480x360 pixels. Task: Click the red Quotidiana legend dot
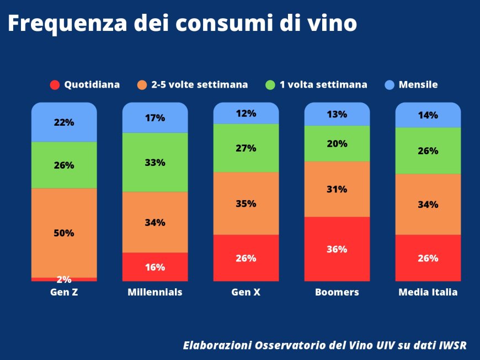(x=55, y=85)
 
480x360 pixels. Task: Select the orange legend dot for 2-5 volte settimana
(x=142, y=85)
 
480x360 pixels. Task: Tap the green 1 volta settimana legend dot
(x=270, y=85)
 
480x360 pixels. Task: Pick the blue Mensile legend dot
(x=390, y=85)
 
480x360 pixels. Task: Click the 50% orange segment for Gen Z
(x=64, y=233)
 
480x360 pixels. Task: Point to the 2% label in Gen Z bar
(x=64, y=279)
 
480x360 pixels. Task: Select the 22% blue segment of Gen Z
(x=64, y=122)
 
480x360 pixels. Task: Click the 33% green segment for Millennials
(x=155, y=163)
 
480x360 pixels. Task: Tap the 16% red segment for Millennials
(x=155, y=267)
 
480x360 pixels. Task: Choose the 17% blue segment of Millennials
(x=155, y=117)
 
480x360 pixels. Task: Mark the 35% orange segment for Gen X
(x=246, y=203)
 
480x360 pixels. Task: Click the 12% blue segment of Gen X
(x=246, y=114)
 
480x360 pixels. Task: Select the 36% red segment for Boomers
(x=337, y=249)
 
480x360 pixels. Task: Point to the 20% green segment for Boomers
(x=337, y=143)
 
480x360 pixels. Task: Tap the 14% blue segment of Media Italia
(x=428, y=115)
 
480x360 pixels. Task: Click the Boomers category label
(x=337, y=292)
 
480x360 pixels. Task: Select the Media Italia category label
(x=428, y=292)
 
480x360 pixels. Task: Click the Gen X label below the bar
(x=246, y=292)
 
